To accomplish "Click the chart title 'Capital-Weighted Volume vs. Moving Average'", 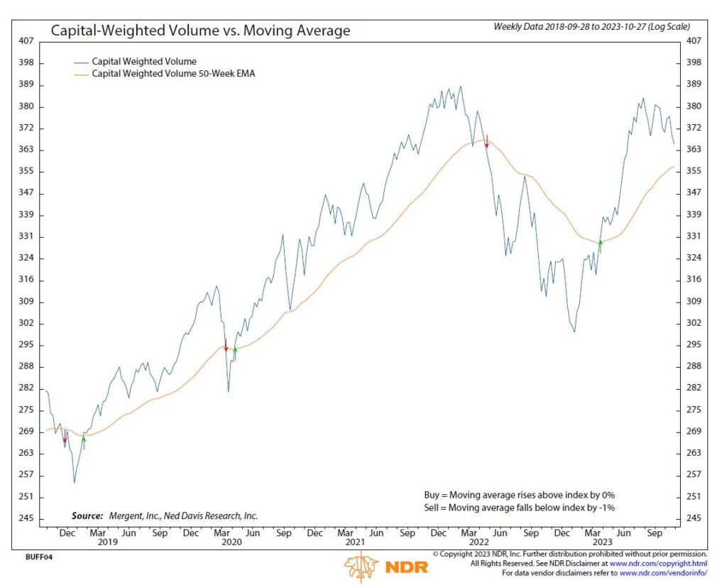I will coord(199,31).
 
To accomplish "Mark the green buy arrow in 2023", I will coord(600,246).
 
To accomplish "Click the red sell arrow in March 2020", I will coord(226,346).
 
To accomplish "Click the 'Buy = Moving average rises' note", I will coord(514,495).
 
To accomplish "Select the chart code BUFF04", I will coord(35,557).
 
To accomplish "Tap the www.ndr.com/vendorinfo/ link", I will coord(663,572).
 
